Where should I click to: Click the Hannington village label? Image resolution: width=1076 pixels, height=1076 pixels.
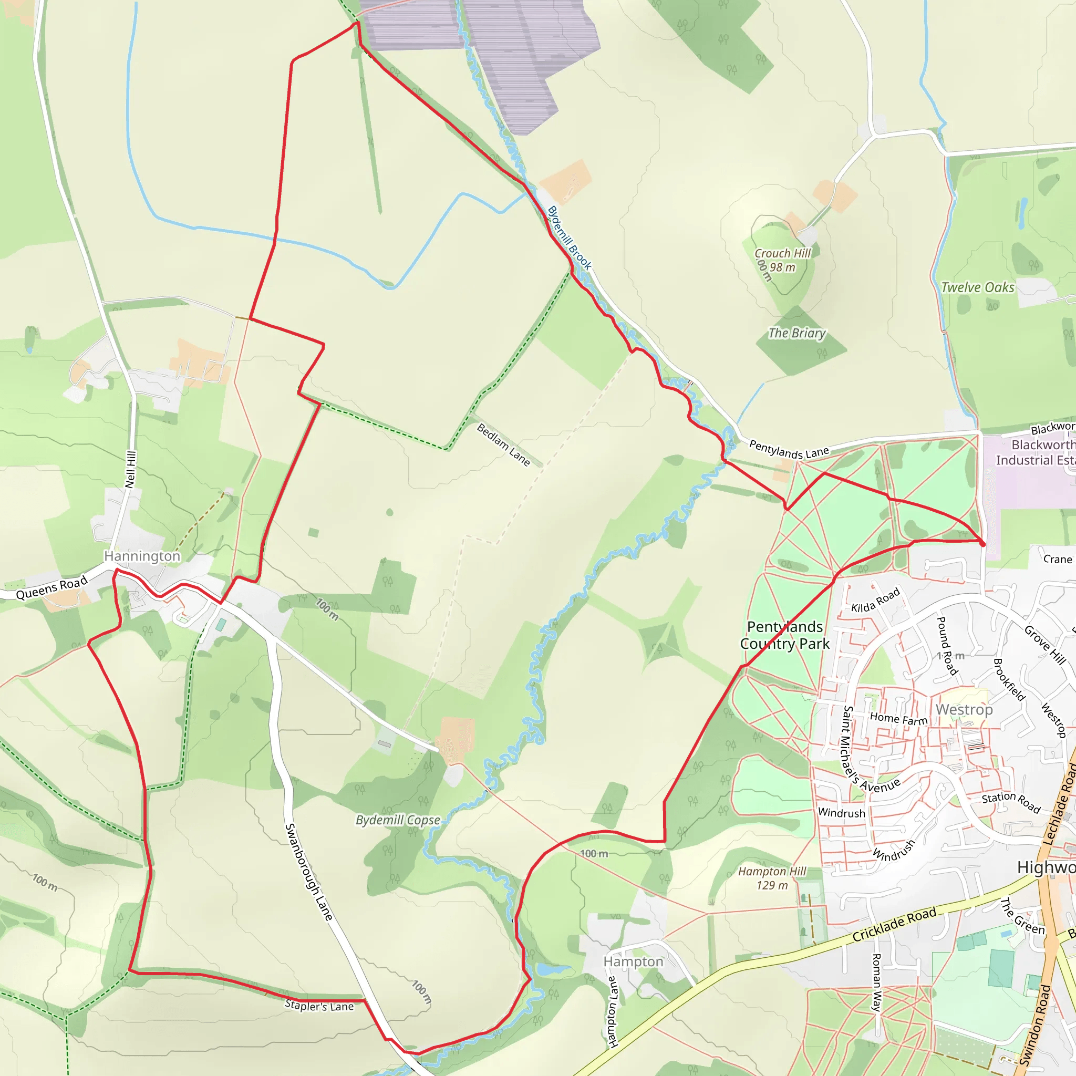click(x=142, y=556)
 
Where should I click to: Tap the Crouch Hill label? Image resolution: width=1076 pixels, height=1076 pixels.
click(x=782, y=254)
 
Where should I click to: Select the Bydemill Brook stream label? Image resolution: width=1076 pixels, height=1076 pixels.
click(x=569, y=238)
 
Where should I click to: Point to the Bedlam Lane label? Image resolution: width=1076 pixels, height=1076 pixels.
click(x=503, y=444)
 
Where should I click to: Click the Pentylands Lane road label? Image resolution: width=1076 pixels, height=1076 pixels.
click(x=789, y=449)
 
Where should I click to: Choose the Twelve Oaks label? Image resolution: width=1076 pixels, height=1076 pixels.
click(x=977, y=287)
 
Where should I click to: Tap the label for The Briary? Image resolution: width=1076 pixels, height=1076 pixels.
click(x=797, y=333)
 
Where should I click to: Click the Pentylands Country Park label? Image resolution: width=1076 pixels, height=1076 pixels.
click(x=785, y=635)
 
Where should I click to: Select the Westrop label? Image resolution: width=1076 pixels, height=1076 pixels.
click(x=964, y=709)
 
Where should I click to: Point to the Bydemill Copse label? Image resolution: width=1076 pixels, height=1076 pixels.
click(x=398, y=820)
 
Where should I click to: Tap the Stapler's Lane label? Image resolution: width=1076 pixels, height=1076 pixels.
click(x=319, y=1006)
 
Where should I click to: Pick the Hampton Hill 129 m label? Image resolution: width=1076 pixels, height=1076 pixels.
click(x=772, y=878)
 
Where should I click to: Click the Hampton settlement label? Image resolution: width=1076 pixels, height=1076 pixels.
click(x=633, y=962)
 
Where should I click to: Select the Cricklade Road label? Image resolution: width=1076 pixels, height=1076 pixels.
click(x=894, y=925)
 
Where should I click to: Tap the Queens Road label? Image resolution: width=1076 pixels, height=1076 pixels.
click(x=52, y=587)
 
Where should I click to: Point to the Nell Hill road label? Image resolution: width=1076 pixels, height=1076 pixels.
click(x=131, y=470)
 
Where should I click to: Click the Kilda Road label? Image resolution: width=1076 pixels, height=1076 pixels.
click(x=875, y=599)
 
